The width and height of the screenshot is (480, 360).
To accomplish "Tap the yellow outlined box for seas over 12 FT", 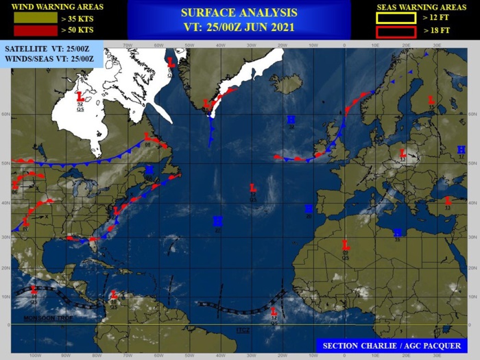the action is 396,18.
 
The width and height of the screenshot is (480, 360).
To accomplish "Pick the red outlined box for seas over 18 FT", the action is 396,32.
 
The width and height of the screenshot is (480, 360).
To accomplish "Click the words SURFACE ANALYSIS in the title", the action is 239,12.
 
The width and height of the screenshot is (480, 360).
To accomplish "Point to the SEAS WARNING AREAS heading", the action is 421,6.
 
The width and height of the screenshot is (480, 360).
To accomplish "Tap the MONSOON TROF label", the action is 43,318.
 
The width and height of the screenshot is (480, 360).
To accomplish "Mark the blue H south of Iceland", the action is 291,120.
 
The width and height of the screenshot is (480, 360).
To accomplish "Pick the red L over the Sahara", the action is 346,244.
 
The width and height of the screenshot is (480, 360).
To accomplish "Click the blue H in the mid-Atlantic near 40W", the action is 217,221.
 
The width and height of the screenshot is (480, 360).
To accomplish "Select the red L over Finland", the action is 431,100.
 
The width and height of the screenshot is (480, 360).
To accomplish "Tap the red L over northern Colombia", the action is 114,297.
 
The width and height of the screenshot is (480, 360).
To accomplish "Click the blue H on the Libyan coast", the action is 397,232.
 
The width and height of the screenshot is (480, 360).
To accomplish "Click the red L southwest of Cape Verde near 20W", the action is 274,311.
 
